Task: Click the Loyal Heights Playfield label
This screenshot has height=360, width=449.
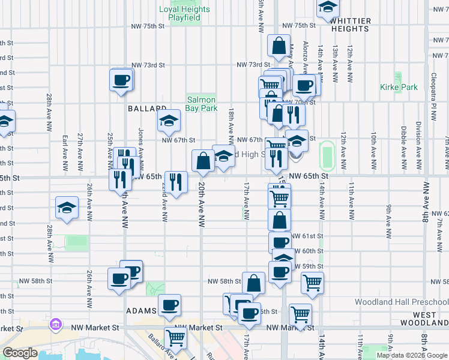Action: point(184,13)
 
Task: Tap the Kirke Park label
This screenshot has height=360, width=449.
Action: point(399,87)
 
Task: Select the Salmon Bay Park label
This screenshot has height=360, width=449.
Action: point(202,104)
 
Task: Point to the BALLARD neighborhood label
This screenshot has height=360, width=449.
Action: point(146,109)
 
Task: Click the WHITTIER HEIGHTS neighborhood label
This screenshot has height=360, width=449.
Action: point(350,25)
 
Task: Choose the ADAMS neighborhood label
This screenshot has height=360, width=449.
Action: point(142,312)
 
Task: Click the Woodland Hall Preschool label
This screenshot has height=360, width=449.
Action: point(401,302)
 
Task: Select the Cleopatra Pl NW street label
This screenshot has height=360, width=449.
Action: point(432,72)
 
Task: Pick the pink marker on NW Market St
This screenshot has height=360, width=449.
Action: point(56,325)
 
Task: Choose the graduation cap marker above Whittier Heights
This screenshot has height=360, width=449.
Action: point(328,7)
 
